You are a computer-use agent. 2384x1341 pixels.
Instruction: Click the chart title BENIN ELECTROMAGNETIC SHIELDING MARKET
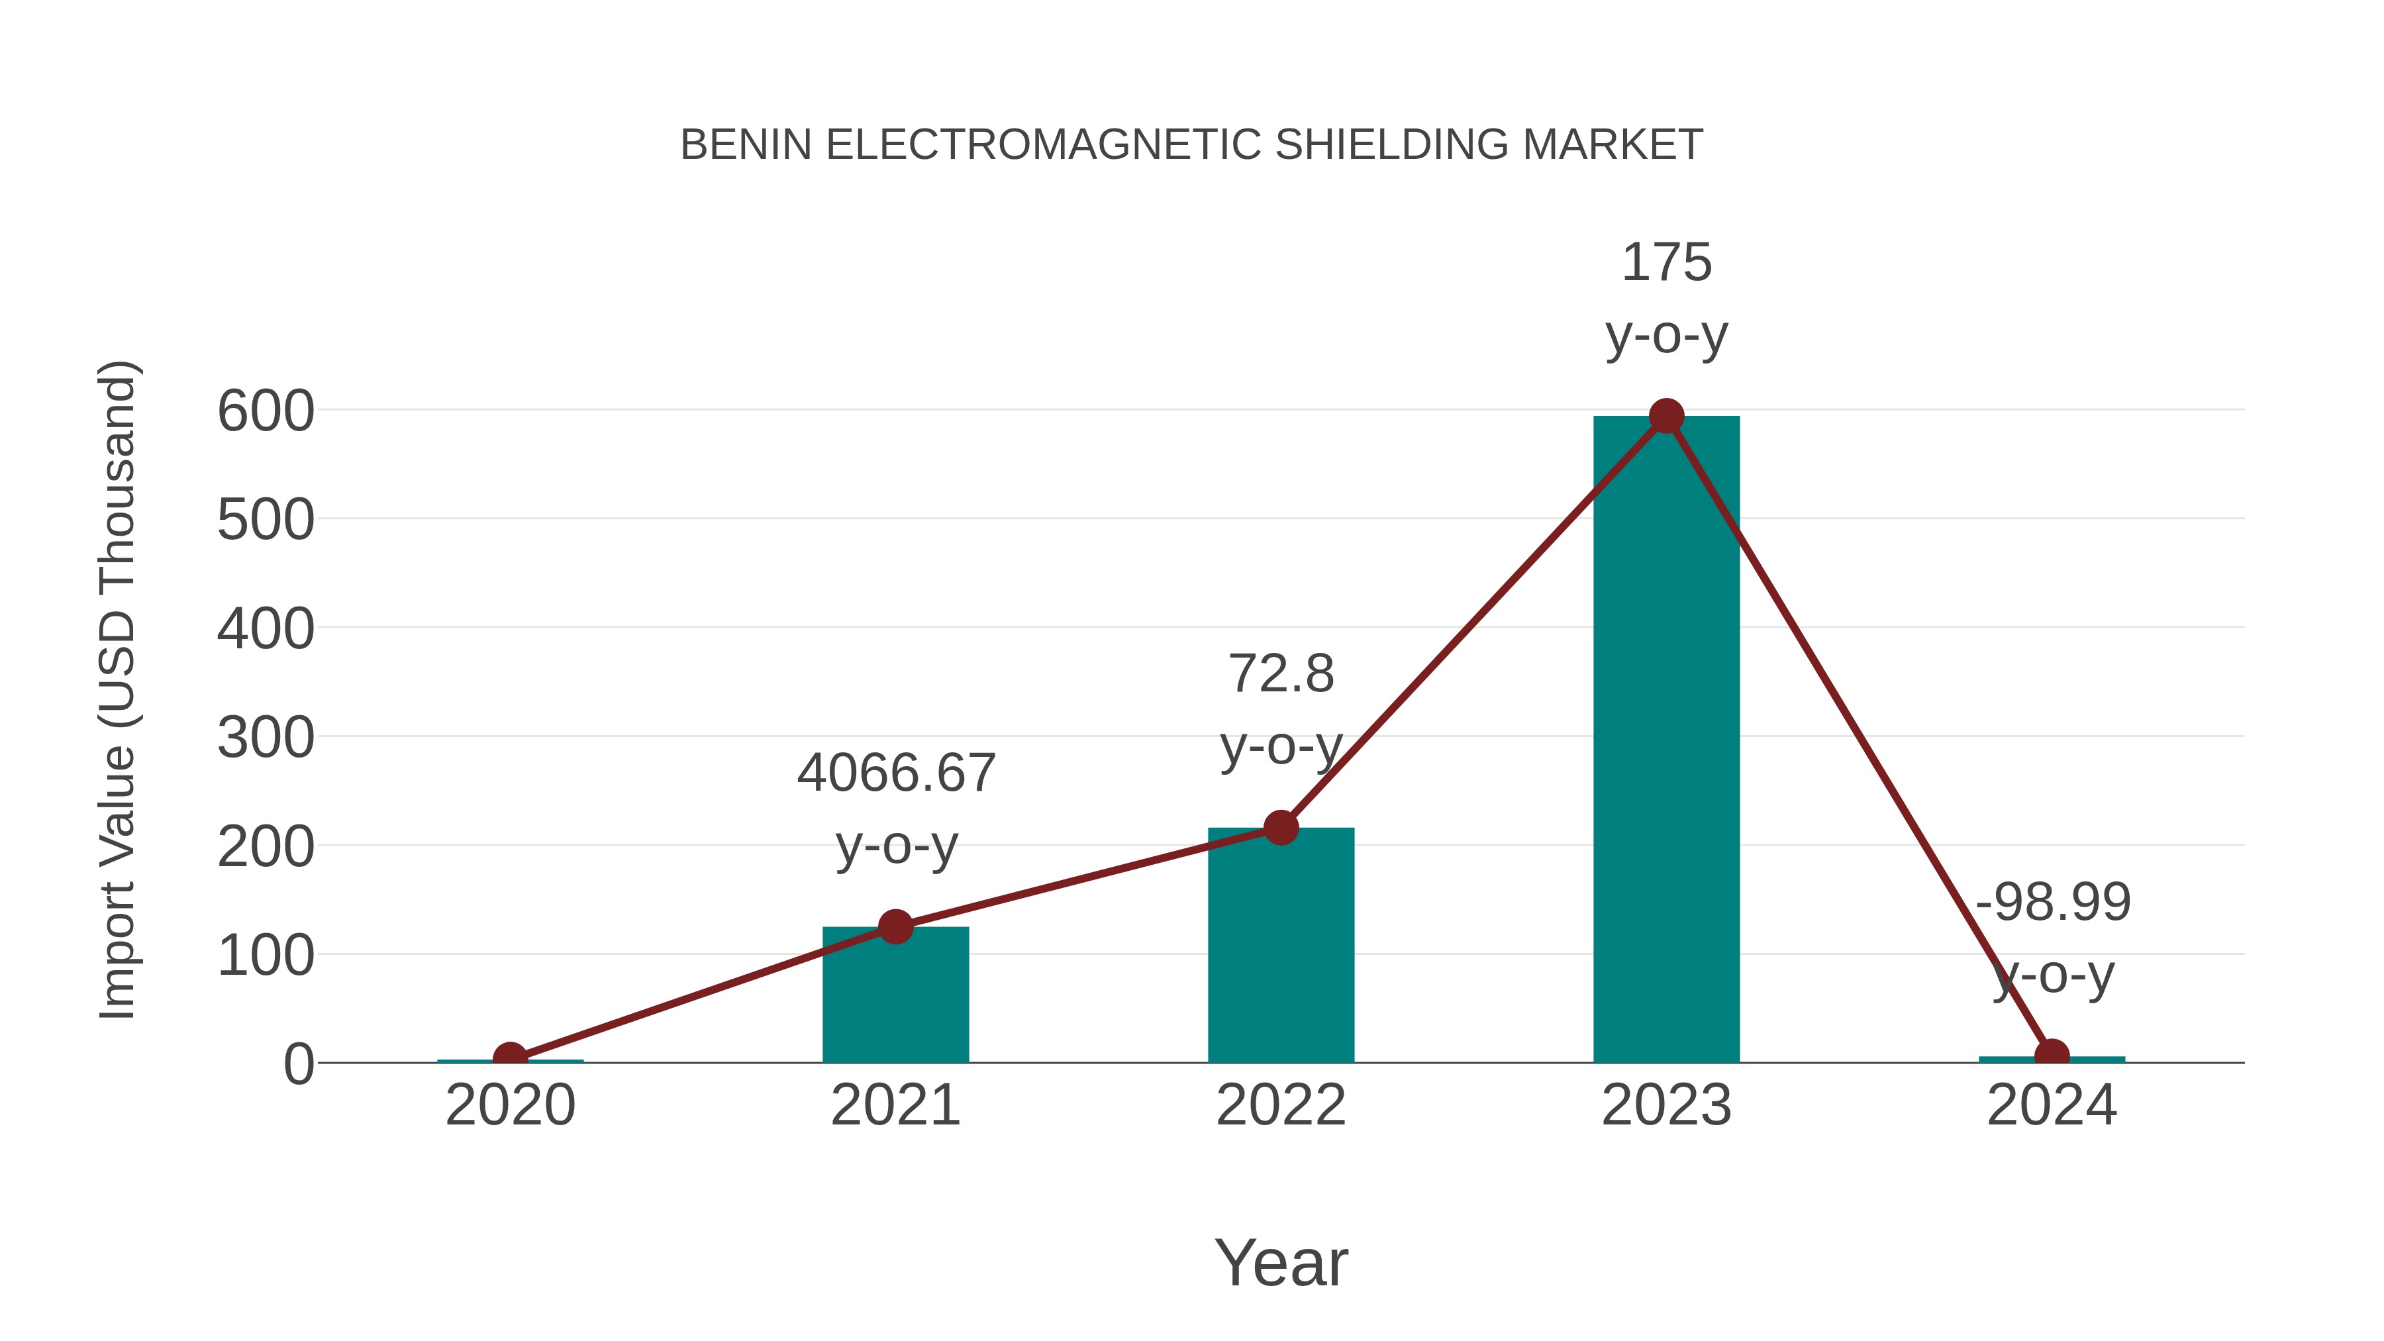[1191, 145]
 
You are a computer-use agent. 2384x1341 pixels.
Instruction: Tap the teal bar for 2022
[1281, 953]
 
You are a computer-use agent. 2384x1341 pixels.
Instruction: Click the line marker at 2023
[1666, 417]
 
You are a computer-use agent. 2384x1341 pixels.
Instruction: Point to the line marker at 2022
[1281, 827]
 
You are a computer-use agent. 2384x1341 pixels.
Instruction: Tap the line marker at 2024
[2052, 1055]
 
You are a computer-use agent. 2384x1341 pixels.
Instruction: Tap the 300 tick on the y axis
[266, 738]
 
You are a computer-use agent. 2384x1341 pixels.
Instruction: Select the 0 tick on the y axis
[299, 1064]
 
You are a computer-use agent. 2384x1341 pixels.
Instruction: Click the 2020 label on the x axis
[510, 1105]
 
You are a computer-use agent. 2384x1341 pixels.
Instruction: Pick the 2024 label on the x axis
[2052, 1105]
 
